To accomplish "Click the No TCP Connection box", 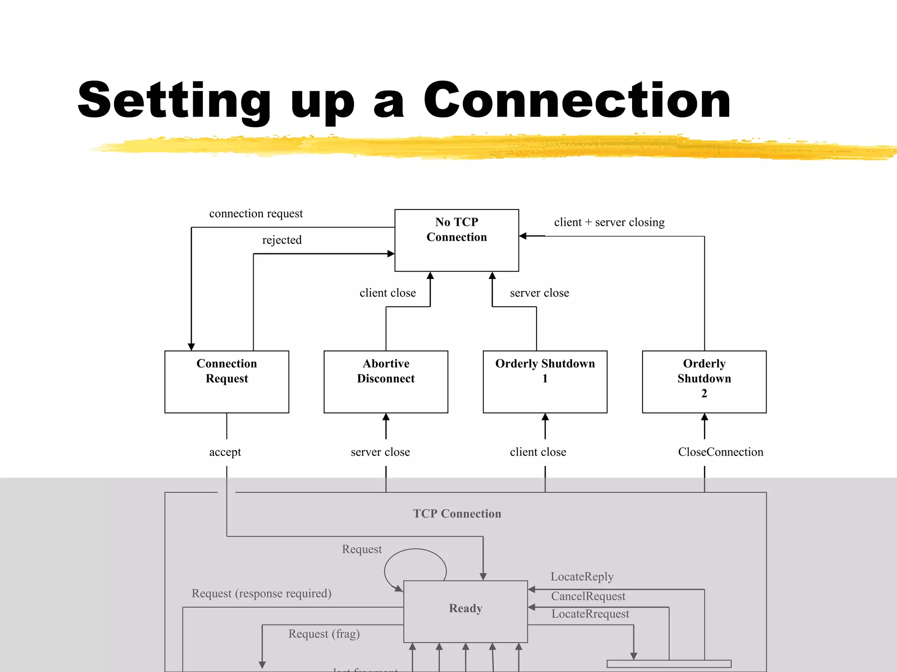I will tap(456, 240).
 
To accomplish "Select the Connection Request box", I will tap(226, 381).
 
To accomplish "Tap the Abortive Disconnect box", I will tap(385, 381).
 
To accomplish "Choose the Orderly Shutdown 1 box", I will tap(545, 381).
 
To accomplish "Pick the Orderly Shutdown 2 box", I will tap(704, 381).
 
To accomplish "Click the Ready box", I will tap(465, 611).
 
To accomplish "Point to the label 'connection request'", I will tap(256, 213).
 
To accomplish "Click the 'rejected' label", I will tap(282, 240).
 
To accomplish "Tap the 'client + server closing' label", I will tap(609, 222).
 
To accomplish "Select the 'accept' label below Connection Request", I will tap(225, 452).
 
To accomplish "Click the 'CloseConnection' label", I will tap(720, 452).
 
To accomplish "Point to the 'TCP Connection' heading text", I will tap(457, 514).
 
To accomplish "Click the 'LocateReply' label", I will tap(582, 577).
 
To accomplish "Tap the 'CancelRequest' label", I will tap(588, 596).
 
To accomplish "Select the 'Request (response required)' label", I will tap(261, 594).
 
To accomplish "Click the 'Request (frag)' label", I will tap(324, 634).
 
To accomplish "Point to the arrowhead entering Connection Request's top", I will tap(191, 347).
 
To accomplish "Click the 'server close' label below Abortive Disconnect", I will tap(380, 452).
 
